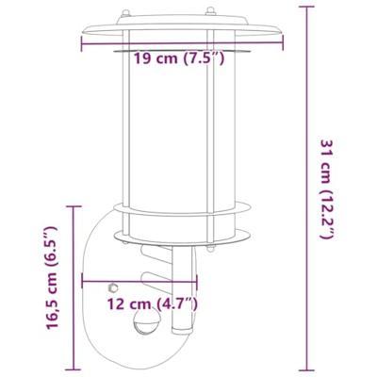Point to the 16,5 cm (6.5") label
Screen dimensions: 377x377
click(x=54, y=283)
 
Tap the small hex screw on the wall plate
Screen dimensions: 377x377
click(x=113, y=284)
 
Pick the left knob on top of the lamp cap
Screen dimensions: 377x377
click(x=123, y=16)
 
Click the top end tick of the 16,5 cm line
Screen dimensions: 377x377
click(x=71, y=204)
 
